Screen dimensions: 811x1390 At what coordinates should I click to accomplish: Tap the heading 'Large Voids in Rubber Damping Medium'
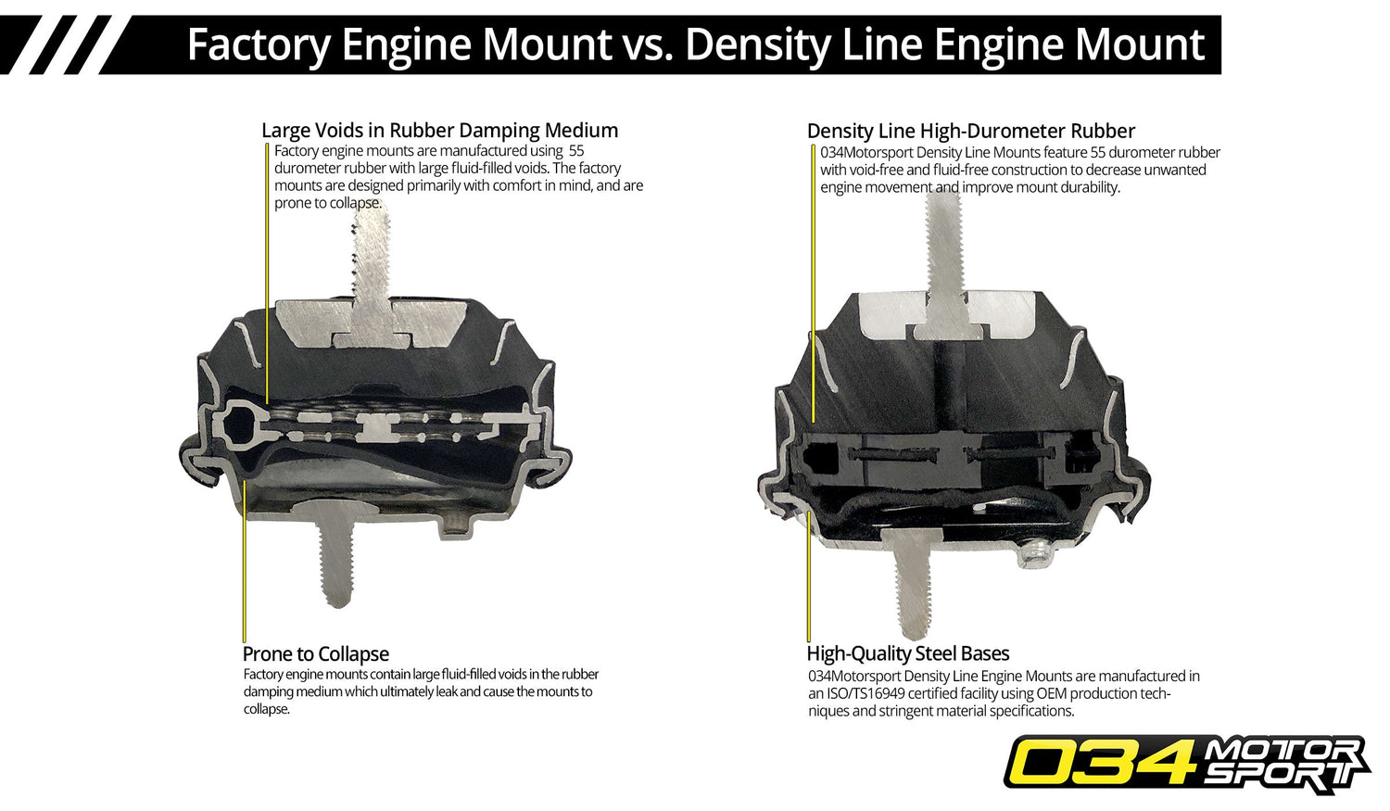[x=439, y=131]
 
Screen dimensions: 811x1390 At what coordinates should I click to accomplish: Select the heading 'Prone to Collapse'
[x=316, y=654]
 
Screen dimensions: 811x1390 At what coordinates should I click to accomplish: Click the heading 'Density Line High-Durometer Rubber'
[x=970, y=132]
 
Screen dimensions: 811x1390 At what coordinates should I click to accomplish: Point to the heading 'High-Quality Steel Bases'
[x=908, y=653]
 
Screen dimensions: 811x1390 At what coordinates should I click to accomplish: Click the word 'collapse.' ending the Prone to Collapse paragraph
[x=267, y=709]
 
